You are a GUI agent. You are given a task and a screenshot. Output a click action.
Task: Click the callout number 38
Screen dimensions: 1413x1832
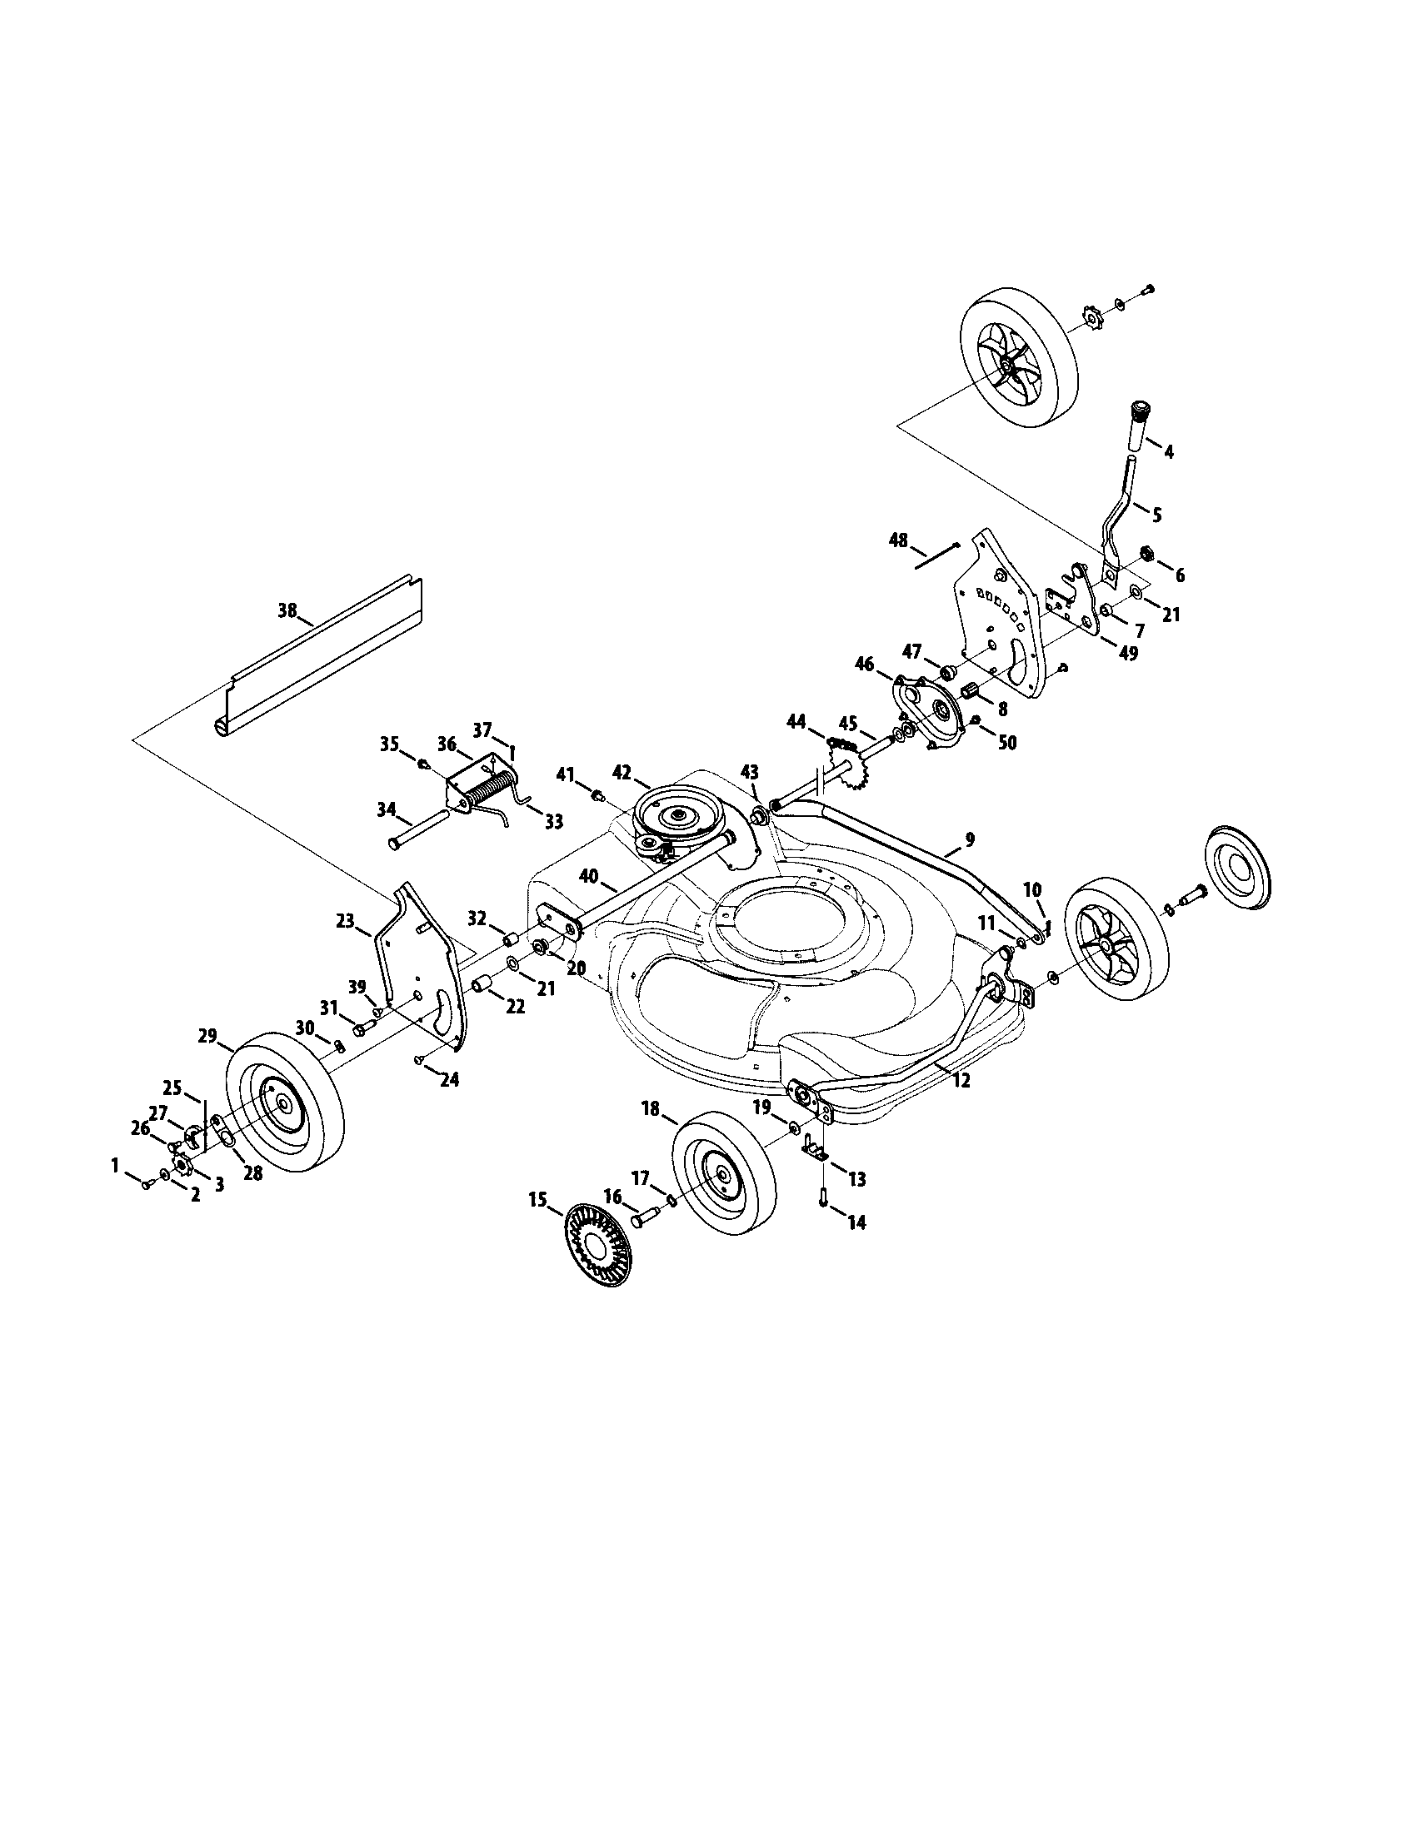287,610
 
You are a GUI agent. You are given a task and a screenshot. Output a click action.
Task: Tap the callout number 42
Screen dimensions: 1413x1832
622,774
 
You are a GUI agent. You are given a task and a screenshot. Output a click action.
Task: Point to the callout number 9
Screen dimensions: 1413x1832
970,838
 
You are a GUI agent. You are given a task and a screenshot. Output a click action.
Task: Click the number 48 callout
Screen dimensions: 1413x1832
898,540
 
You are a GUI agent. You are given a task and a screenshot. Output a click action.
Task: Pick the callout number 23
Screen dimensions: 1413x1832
346,921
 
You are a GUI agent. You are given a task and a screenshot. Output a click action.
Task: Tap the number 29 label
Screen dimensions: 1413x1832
208,1036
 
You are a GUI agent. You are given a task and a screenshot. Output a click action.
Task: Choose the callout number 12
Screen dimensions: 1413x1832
961,1081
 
